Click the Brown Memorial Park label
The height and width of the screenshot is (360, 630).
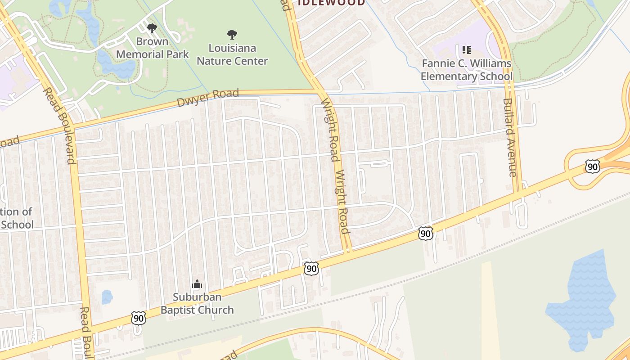pyautogui.click(x=153, y=48)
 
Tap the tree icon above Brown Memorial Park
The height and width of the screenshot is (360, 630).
pyautogui.click(x=152, y=28)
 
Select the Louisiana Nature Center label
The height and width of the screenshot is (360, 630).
pyautogui.click(x=232, y=54)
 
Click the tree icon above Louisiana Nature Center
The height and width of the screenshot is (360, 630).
pyautogui.click(x=232, y=34)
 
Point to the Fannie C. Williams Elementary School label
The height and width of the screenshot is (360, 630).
pyautogui.click(x=466, y=70)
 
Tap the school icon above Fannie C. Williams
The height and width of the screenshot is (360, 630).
pyautogui.click(x=466, y=49)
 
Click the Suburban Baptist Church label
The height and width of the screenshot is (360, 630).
pyautogui.click(x=197, y=303)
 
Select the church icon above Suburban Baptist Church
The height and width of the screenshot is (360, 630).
pyautogui.click(x=197, y=284)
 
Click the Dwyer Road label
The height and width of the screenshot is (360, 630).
pyautogui.click(x=207, y=98)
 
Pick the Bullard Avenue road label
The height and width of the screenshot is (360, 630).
pyautogui.click(x=510, y=137)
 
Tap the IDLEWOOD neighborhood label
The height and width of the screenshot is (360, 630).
pyautogui.click(x=331, y=3)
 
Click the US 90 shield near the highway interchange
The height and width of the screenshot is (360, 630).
pyautogui.click(x=593, y=166)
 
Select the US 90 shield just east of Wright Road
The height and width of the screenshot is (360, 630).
pyautogui.click(x=425, y=233)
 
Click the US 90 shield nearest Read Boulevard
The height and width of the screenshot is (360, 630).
pyautogui.click(x=139, y=318)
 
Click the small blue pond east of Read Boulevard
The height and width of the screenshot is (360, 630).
pyautogui.click(x=107, y=297)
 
